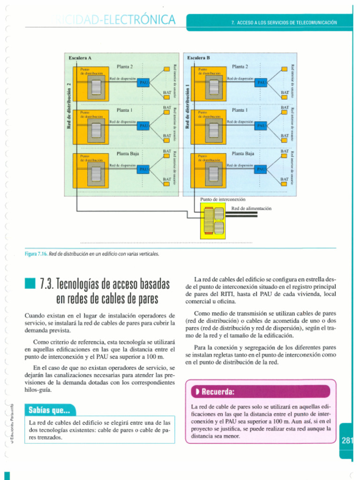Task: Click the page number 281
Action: coord(347,440)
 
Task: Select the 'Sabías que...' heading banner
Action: coord(49,411)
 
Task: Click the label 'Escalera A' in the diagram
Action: coord(80,58)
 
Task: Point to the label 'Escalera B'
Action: coord(198,58)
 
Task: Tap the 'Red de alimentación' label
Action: coord(251,208)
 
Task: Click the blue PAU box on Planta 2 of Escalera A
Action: coord(144,82)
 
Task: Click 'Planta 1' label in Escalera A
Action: coord(125,110)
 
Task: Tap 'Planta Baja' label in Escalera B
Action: coord(243,153)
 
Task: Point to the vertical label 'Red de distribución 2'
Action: coord(68,106)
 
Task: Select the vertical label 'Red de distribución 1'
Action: coord(187,106)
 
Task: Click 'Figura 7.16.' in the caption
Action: coord(36,254)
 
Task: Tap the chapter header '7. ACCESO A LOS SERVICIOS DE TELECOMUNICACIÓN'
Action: coord(284,22)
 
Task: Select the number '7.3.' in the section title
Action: coord(47,284)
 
